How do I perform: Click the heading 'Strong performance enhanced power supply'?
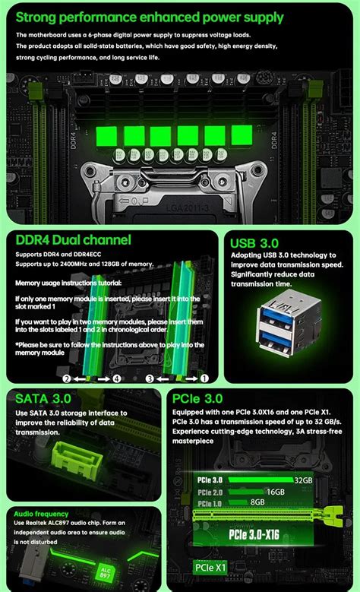click(150, 17)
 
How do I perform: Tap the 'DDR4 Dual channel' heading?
click(74, 240)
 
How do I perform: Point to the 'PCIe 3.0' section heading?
click(197, 397)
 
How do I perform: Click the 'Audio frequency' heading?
click(41, 514)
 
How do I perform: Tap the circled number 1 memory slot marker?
click(204, 378)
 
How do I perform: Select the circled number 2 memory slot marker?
click(67, 378)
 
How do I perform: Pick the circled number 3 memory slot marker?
click(150, 378)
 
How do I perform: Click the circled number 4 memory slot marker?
click(118, 378)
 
